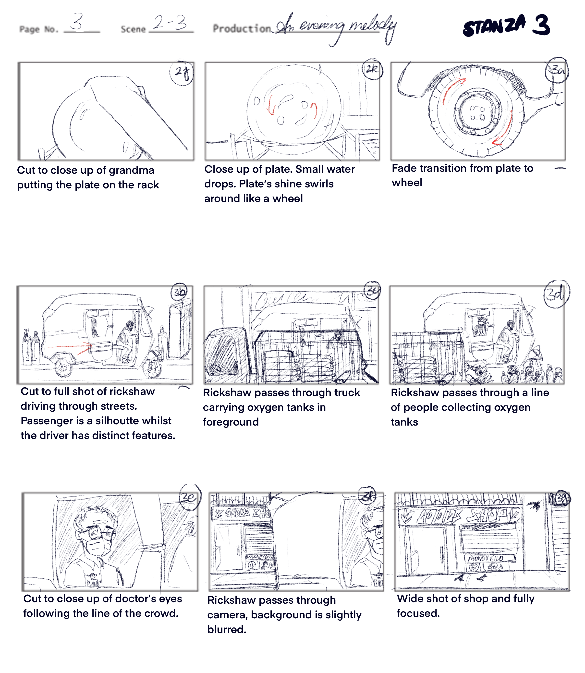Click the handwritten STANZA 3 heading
pyautogui.click(x=506, y=25)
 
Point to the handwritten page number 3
pyautogui.click(x=78, y=22)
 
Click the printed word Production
pyautogui.click(x=242, y=29)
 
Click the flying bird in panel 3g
pyautogui.click(x=534, y=505)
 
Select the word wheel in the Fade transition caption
pyautogui.click(x=407, y=183)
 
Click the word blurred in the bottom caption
pyautogui.click(x=227, y=630)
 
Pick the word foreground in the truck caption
pyautogui.click(x=231, y=422)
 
